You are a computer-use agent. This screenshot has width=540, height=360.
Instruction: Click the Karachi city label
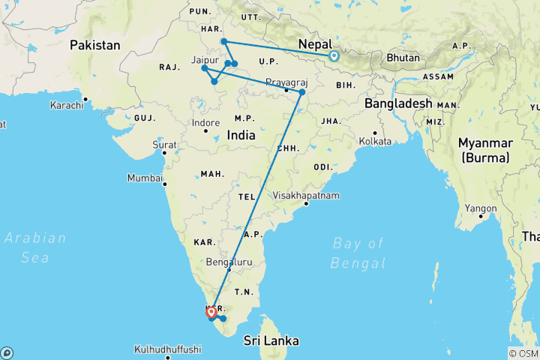tap(66, 105)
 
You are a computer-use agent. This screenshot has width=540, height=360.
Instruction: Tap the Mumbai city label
tap(145, 178)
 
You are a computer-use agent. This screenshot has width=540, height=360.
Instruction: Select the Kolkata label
tap(375, 141)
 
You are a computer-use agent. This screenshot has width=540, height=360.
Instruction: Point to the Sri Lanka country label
tap(271, 340)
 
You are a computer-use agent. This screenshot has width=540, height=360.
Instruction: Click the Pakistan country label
tap(95, 46)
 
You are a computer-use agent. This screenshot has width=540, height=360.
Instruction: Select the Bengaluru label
tap(228, 262)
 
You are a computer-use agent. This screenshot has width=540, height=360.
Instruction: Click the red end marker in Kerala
tap(212, 310)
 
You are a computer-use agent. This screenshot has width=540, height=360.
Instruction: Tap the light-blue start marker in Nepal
tap(333, 55)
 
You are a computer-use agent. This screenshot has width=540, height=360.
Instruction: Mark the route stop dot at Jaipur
tap(205, 68)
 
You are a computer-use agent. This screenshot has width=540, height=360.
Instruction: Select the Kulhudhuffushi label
tap(168, 349)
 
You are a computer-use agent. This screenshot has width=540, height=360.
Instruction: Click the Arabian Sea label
tap(35, 247)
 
